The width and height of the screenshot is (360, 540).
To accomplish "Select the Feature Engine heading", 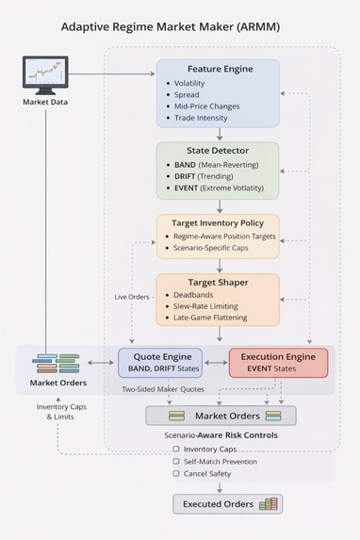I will click(218, 70).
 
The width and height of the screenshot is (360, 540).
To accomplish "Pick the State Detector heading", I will click(218, 151).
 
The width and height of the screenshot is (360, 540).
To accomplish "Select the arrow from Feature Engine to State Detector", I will click(218, 134).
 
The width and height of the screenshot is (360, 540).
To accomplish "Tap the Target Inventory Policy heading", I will click(218, 222).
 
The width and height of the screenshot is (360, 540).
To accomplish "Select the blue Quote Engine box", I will click(159, 362).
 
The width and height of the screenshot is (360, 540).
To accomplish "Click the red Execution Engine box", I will click(278, 362).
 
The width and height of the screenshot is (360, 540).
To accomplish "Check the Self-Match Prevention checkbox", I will click(176, 461).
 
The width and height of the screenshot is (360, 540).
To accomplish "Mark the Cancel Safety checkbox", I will click(176, 473).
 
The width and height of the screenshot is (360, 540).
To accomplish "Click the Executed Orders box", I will click(226, 504).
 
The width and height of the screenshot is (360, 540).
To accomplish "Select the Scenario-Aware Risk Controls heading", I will click(221, 435).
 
